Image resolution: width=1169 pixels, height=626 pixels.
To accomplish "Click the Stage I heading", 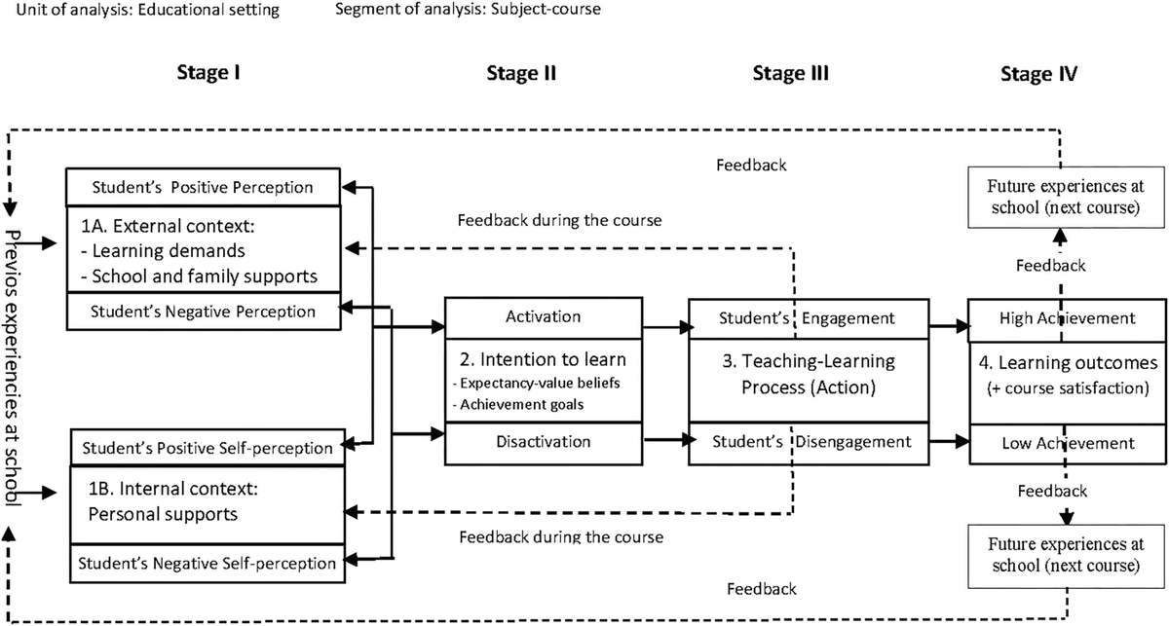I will pos(207,74).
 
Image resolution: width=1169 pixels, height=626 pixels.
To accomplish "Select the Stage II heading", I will pos(520,74).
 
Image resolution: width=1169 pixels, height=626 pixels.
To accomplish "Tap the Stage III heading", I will pos(790,74).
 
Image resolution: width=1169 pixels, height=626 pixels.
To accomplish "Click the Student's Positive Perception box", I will pos(203,187).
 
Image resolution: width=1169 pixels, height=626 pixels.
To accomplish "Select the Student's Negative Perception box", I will pos(203,313).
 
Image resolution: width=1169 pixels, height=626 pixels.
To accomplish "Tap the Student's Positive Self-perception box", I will pos(207,449).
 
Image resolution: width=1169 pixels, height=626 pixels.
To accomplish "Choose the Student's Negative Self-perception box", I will pos(207,563).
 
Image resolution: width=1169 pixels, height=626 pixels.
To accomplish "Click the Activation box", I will pos(543,316).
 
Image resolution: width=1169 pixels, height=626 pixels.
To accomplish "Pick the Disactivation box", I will pos(543,441).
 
